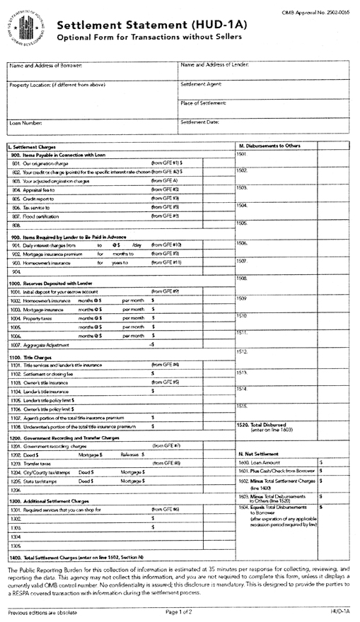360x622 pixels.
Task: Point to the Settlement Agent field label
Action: point(202,84)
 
